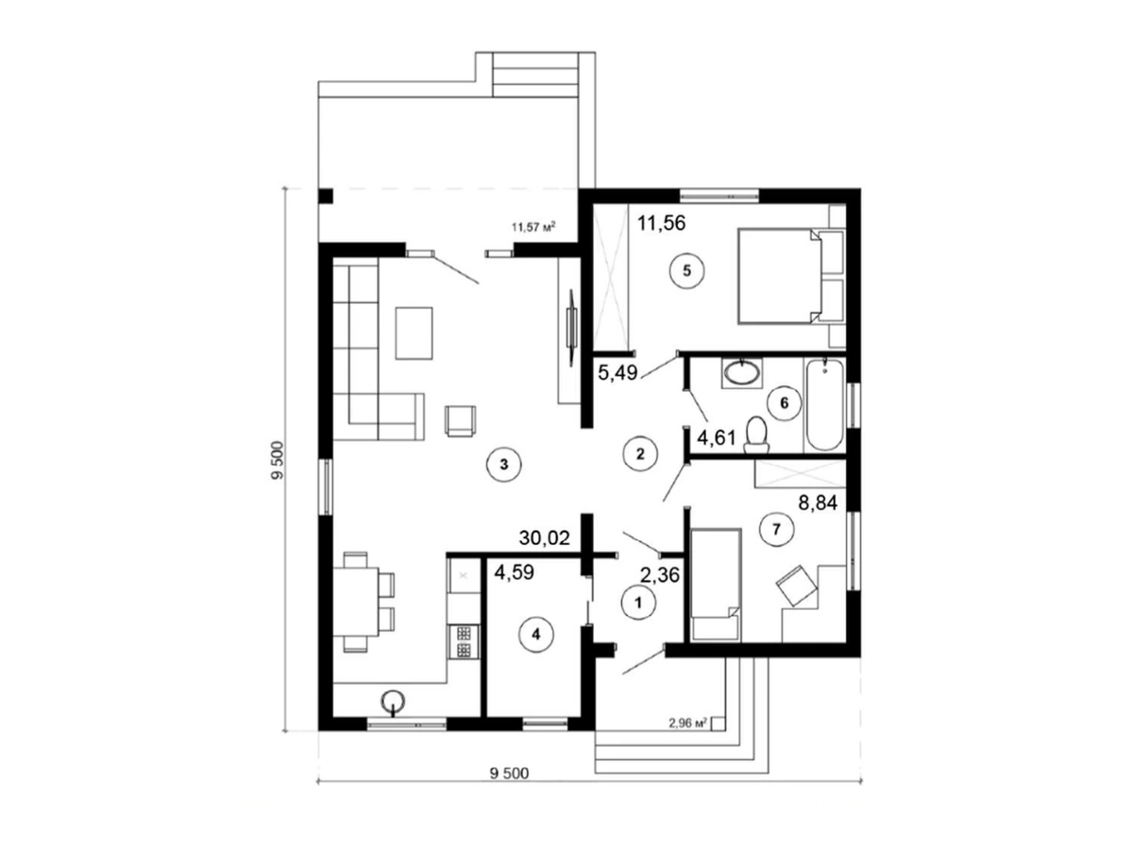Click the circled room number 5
pyautogui.click(x=686, y=270)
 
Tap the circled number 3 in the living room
pyautogui.click(x=504, y=465)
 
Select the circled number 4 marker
pyautogui.click(x=535, y=635)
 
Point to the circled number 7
pyautogui.click(x=776, y=529)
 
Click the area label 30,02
pyautogui.click(x=544, y=538)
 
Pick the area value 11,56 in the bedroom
pyautogui.click(x=661, y=223)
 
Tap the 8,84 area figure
pyautogui.click(x=818, y=502)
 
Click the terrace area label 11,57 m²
pyautogui.click(x=533, y=227)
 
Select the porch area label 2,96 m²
pyautogui.click(x=687, y=723)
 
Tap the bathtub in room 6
pyautogui.click(x=824, y=404)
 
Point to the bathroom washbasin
pyautogui.click(x=742, y=373)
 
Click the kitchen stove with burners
pyautogui.click(x=463, y=641)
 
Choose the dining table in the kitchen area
pyautogui.click(x=356, y=602)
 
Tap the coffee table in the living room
pyautogui.click(x=414, y=332)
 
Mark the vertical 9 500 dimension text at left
pyautogui.click(x=278, y=460)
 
